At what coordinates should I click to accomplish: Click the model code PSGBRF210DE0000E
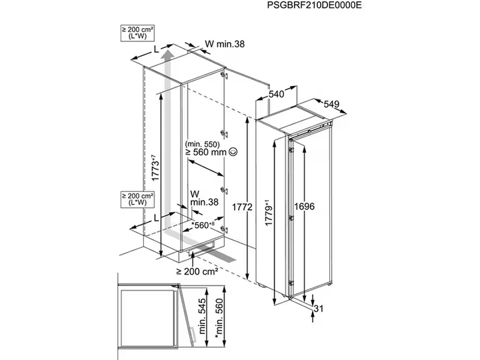click(315, 5)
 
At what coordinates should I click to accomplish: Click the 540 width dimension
click(277, 94)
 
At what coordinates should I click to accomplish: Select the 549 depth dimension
click(331, 104)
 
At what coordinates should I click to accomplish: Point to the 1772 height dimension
click(242, 207)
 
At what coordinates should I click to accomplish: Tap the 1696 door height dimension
click(304, 207)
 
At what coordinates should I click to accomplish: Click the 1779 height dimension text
click(269, 213)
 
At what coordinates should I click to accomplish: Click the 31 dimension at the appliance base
click(319, 309)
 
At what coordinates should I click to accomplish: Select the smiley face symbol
click(233, 151)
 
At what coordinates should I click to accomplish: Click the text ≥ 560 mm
click(206, 152)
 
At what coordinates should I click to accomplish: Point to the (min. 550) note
click(203, 143)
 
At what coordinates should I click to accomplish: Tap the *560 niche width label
click(203, 225)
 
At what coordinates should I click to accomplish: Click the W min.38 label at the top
click(225, 44)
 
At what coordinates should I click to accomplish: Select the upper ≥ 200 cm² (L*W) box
click(137, 33)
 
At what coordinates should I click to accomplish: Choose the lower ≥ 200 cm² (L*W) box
click(137, 199)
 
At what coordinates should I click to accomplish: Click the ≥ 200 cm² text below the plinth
click(197, 271)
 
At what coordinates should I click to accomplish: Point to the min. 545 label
click(202, 316)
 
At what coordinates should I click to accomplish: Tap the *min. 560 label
click(219, 319)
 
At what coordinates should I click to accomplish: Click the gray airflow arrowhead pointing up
click(167, 57)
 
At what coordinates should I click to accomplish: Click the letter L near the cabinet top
click(156, 49)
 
